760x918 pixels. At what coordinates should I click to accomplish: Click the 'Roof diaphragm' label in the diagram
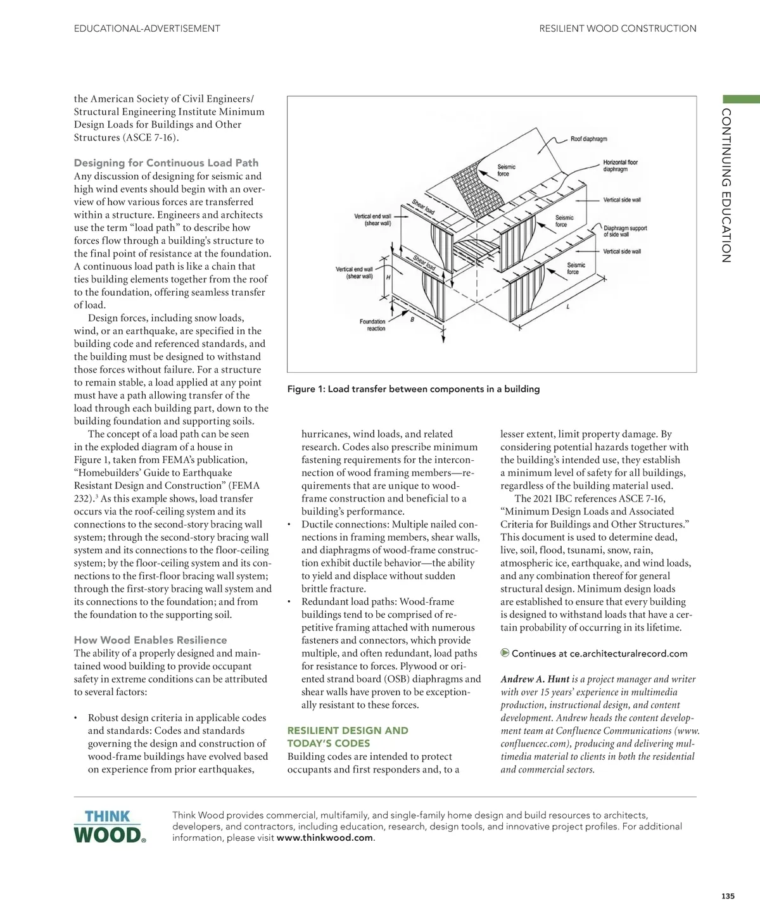(x=588, y=139)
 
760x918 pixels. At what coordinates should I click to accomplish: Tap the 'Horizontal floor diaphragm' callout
(x=620, y=166)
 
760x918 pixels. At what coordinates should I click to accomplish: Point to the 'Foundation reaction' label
(x=372, y=325)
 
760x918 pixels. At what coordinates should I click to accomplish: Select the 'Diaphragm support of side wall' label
(x=624, y=231)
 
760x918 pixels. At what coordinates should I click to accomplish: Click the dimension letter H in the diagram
(x=388, y=278)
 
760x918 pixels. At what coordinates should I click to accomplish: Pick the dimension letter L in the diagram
(x=567, y=306)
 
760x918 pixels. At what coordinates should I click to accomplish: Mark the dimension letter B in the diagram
(x=412, y=320)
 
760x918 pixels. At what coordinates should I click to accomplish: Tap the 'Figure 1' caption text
(x=413, y=389)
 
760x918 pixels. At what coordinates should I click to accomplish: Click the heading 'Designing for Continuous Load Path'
(x=166, y=163)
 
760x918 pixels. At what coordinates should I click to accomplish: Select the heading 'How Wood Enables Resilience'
(x=150, y=640)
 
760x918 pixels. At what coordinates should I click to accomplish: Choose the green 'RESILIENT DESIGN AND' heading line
(x=348, y=731)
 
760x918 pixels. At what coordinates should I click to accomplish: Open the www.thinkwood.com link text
(x=325, y=838)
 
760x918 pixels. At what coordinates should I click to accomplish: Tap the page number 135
(x=728, y=896)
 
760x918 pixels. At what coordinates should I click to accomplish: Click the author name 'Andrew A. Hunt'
(x=535, y=679)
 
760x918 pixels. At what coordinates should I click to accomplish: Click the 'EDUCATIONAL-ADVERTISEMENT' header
(x=147, y=28)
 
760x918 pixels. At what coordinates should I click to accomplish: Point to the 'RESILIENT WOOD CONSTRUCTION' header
(x=617, y=28)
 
